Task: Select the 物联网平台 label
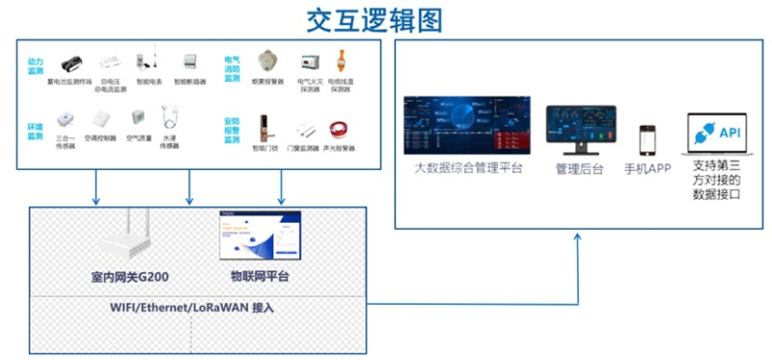pyautogui.click(x=260, y=278)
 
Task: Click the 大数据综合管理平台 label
pyautogui.click(x=468, y=169)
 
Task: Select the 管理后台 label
pyautogui.click(x=579, y=169)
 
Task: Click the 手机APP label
pyautogui.click(x=648, y=169)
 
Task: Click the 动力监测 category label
pyautogui.click(x=36, y=65)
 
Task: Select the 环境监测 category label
pyautogui.click(x=36, y=130)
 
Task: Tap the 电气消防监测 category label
pyautogui.click(x=232, y=65)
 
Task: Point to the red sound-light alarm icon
pyautogui.click(x=339, y=128)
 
